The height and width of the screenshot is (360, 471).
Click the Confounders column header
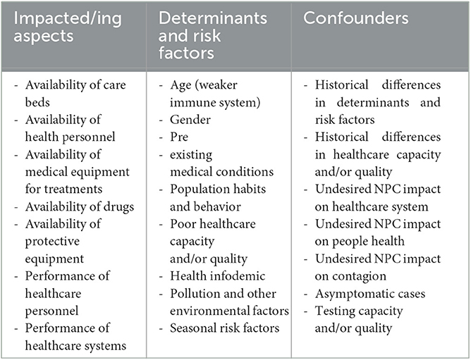click(x=355, y=18)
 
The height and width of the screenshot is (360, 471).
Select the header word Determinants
click(x=213, y=18)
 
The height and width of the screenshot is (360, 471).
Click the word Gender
click(x=190, y=120)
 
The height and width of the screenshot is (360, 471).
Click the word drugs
click(x=118, y=207)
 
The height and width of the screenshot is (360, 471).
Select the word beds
click(x=37, y=102)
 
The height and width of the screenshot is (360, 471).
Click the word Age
click(x=181, y=86)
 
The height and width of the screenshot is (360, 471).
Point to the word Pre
click(x=179, y=137)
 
